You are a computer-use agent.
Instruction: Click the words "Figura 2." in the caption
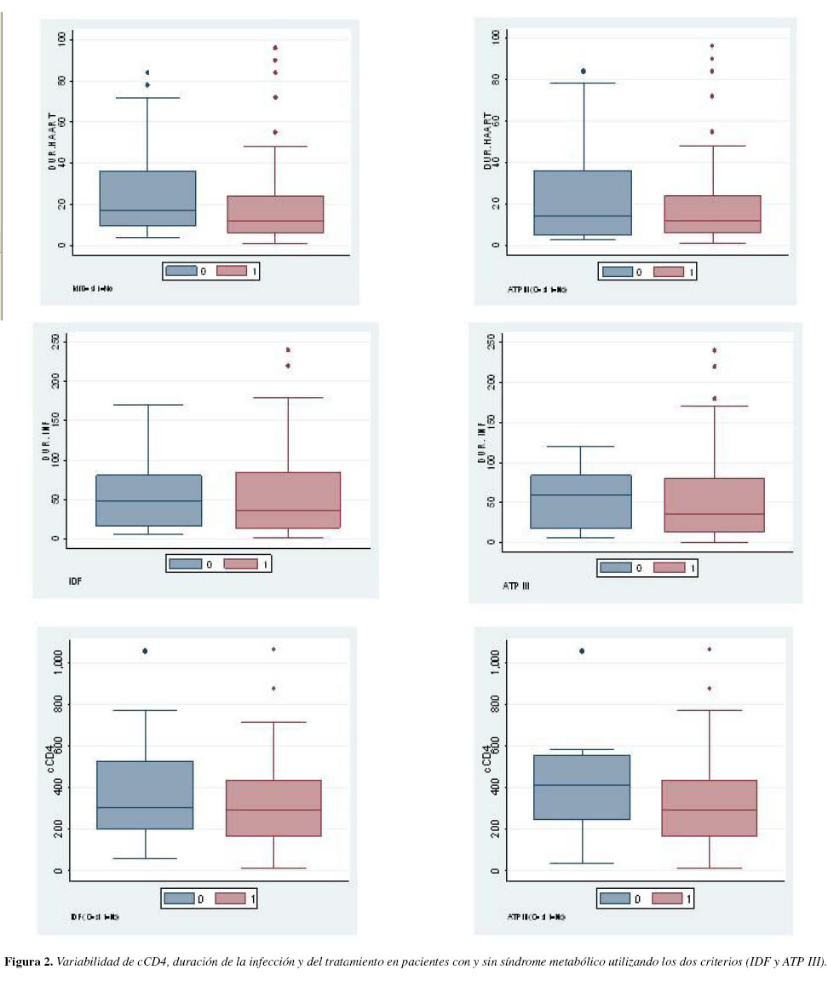(32, 962)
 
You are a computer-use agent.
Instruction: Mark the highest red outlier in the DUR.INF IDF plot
(288, 349)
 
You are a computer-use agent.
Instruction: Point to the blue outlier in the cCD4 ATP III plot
(582, 651)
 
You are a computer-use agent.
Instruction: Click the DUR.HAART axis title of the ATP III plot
(488, 141)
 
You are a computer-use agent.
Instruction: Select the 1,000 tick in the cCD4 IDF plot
(56, 663)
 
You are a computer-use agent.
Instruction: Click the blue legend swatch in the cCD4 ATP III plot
(616, 897)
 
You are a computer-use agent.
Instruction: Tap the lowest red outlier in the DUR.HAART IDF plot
(275, 132)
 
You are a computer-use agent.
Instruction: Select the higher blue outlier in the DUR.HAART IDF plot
(147, 72)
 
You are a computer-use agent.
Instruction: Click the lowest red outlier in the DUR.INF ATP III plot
(714, 398)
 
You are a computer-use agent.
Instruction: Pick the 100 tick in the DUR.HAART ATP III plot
(494, 38)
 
